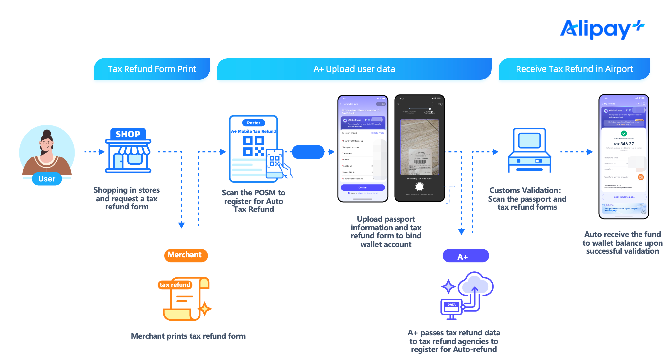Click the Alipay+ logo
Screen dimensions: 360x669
pyautogui.click(x=602, y=29)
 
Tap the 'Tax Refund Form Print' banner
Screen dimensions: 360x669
pyautogui.click(x=152, y=69)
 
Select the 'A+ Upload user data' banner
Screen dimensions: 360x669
pyautogui.click(x=354, y=69)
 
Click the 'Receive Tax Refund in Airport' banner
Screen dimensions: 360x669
pyautogui.click(x=574, y=69)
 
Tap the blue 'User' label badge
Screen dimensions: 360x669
pyautogui.click(x=47, y=179)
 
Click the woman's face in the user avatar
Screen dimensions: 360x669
pyautogui.click(x=47, y=145)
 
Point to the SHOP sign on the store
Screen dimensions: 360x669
pyautogui.click(x=128, y=134)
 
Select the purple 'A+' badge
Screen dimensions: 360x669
pyautogui.click(x=465, y=256)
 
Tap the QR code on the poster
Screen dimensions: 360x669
pyautogui.click(x=253, y=146)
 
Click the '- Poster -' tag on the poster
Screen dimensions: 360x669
pyautogui.click(x=254, y=123)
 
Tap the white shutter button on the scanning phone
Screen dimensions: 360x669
pyautogui.click(x=419, y=187)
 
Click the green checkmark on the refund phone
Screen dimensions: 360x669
pyautogui.click(x=624, y=133)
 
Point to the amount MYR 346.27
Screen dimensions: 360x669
pyautogui.click(x=624, y=144)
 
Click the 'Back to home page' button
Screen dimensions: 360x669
pyautogui.click(x=624, y=197)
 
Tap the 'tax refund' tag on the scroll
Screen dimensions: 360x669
pyautogui.click(x=175, y=285)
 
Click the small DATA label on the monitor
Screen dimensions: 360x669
pyautogui.click(x=451, y=305)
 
